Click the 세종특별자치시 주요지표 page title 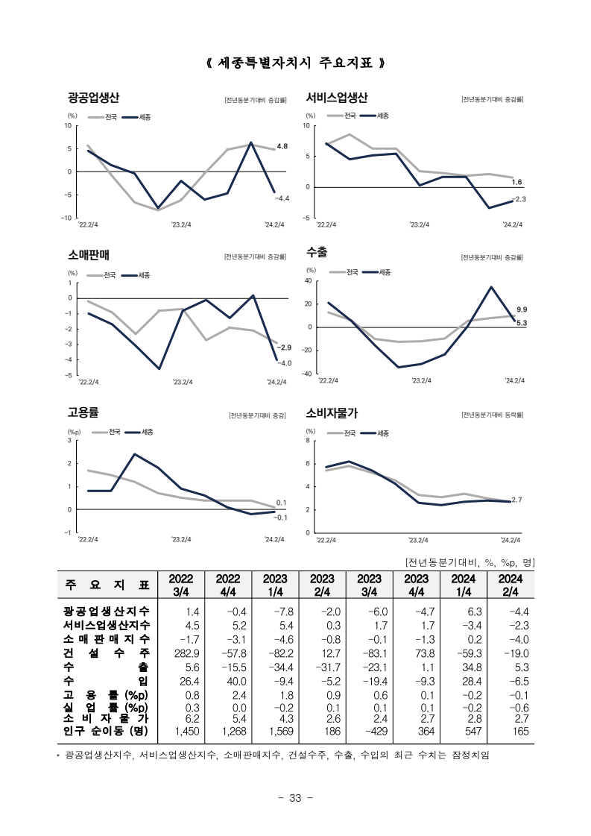pos(295,63)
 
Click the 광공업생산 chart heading pos(93,98)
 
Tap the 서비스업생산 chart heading pos(337,98)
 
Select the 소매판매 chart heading pos(89,255)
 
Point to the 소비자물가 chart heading pos(332,412)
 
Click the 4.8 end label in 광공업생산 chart pos(282,146)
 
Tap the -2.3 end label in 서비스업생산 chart pos(519,199)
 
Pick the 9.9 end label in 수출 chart pos(522,309)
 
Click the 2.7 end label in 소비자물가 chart pos(516,500)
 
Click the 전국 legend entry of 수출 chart pos(344,272)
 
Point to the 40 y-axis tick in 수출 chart pos(308,281)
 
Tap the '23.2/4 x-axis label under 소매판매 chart pos(183,382)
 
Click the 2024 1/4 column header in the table pos(463,585)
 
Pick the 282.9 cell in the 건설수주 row pos(187,653)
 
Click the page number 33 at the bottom pos(295,798)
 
